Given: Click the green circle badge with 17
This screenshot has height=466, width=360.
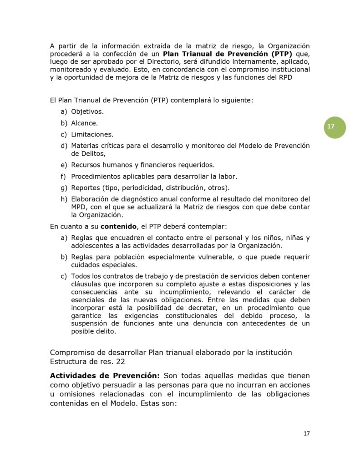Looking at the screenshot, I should (x=335, y=127).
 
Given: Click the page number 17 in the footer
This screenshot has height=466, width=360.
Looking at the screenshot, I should (x=306, y=433).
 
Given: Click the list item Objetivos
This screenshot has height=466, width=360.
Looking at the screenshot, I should (x=87, y=111).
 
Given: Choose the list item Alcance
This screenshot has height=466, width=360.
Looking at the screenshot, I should (x=84, y=123).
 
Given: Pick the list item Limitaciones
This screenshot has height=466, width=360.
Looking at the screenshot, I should (x=92, y=134).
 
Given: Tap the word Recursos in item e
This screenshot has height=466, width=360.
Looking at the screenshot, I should (x=87, y=165).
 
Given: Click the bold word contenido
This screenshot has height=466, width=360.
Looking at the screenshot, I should (x=118, y=226).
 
